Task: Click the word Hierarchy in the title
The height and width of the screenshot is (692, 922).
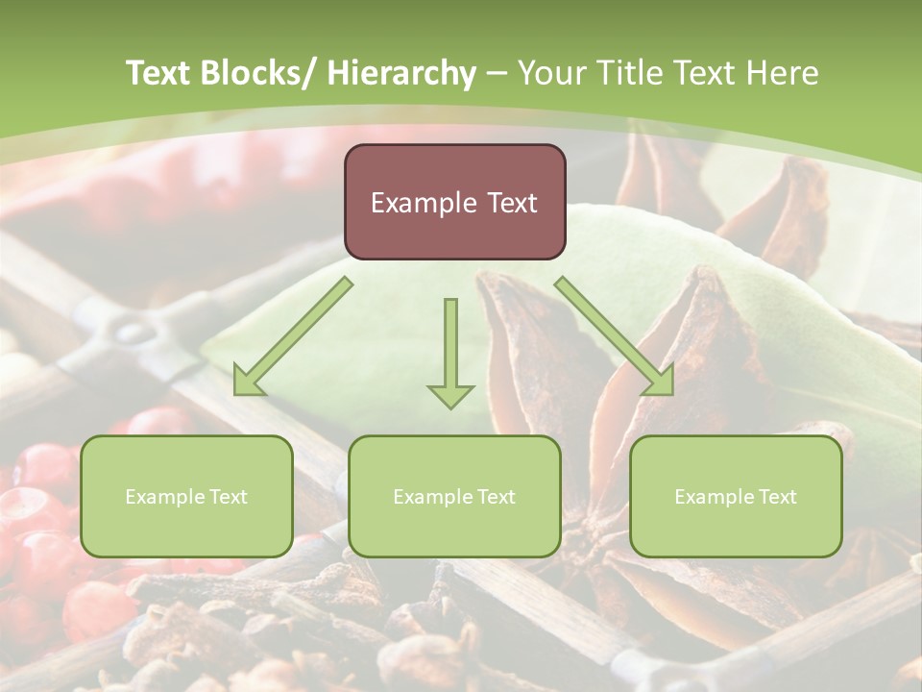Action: [x=401, y=73]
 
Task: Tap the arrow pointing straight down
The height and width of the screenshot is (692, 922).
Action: [x=450, y=346]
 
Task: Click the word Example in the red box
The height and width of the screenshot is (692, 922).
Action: [x=423, y=203]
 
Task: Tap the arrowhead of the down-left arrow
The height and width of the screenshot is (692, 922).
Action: [x=249, y=382]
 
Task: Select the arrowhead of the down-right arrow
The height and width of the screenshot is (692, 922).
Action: [x=659, y=382]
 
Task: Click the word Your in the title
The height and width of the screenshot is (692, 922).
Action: [x=548, y=73]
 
